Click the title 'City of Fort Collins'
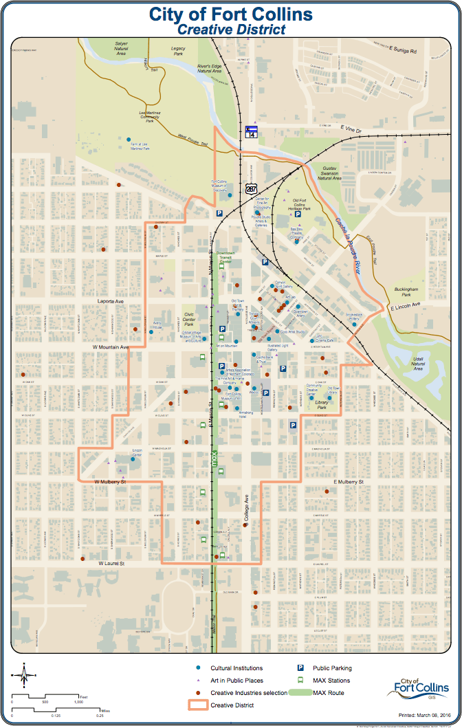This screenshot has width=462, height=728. point(230,14)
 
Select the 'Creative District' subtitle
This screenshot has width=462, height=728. point(230,29)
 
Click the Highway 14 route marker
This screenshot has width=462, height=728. point(252,131)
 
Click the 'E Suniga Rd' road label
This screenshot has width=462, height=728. point(403,49)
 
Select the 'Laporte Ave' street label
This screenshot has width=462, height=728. point(109,301)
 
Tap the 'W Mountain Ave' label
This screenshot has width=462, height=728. point(111,347)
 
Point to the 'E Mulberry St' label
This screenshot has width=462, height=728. point(347,482)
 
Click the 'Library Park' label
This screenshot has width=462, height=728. point(317,405)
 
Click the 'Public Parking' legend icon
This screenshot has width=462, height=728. point(300,668)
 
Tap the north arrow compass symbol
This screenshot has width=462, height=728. point(24,674)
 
